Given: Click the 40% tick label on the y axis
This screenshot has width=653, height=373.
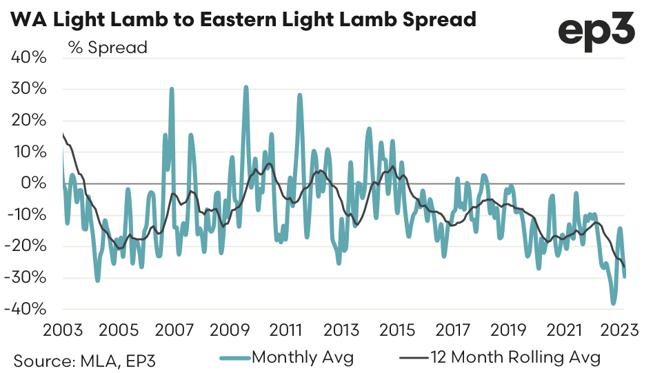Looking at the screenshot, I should click(x=29, y=57).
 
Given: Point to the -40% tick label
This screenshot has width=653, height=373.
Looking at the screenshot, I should click(x=27, y=309).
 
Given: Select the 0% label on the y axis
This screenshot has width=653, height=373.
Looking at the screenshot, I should click(x=34, y=183).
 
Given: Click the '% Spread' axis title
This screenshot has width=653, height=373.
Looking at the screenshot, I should click(x=107, y=48).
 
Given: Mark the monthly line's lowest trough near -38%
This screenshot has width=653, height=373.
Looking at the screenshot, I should click(x=612, y=303).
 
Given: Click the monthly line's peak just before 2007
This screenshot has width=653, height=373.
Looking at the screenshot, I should click(x=172, y=89).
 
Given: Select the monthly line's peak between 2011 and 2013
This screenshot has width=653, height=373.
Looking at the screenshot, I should click(x=300, y=95).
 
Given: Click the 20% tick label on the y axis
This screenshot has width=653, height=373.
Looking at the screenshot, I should click(x=29, y=120).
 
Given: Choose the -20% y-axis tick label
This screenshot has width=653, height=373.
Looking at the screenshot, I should click(x=27, y=246).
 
